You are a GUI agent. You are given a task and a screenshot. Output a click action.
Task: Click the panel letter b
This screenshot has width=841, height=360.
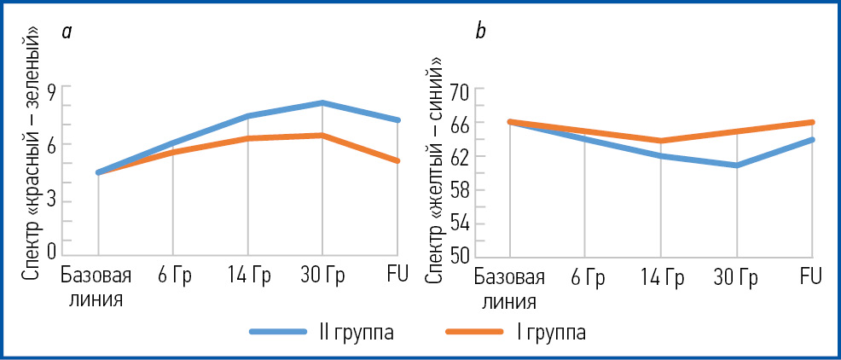(480, 32)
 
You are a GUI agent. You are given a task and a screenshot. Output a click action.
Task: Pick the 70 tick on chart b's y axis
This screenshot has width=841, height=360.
(460, 91)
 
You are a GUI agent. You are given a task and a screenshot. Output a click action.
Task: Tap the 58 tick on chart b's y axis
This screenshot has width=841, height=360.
(460, 190)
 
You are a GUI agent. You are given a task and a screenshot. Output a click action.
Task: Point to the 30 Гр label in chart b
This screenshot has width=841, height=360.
(736, 278)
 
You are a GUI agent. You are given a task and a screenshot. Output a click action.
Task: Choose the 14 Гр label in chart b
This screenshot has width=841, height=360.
(661, 278)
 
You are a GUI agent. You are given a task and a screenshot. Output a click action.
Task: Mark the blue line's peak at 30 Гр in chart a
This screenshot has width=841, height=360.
(322, 103)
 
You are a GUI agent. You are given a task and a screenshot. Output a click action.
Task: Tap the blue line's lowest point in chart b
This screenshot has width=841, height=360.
(736, 165)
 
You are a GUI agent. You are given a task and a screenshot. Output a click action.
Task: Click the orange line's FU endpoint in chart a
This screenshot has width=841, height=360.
(397, 160)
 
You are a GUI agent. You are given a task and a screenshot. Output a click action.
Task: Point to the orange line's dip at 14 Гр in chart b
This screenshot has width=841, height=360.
(661, 141)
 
